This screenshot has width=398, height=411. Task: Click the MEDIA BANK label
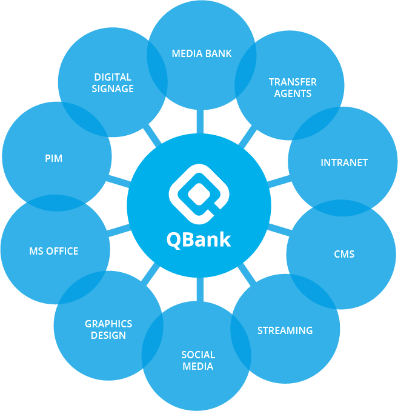(202, 53)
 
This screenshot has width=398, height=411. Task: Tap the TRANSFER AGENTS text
(293, 87)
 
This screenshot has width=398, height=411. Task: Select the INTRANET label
(344, 162)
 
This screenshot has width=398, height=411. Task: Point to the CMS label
(344, 254)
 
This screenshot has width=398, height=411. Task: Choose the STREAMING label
(285, 330)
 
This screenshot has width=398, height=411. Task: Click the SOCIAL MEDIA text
(198, 360)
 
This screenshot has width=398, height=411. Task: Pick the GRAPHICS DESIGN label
(108, 330)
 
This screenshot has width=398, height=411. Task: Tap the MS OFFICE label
(53, 251)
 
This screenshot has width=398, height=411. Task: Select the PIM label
(53, 158)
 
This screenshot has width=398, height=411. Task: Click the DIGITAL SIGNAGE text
(113, 83)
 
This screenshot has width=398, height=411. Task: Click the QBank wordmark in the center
(199, 239)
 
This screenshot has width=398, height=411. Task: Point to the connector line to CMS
(278, 230)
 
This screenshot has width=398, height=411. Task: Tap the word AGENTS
(293, 93)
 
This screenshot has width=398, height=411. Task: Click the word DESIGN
(108, 336)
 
